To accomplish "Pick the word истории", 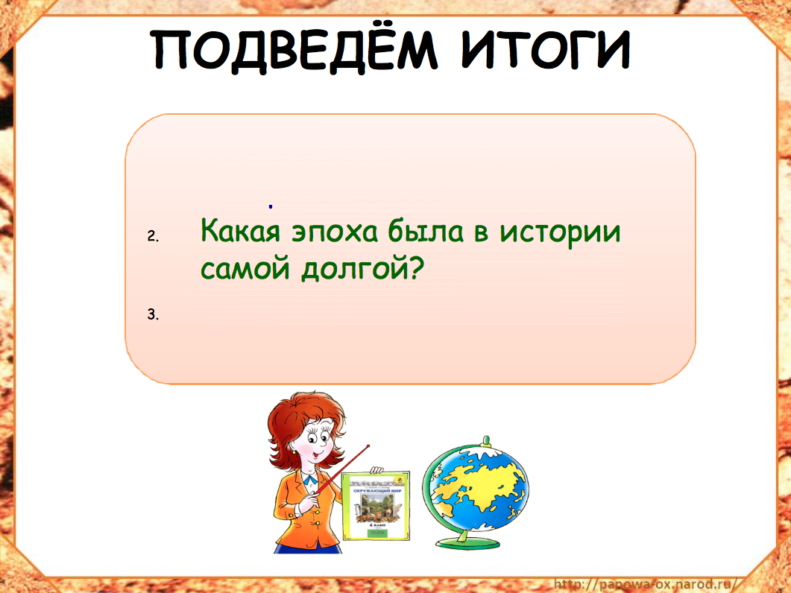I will (x=560, y=231).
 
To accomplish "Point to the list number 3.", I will (x=153, y=314).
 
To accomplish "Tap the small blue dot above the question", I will (x=271, y=205).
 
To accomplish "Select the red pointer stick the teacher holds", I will (x=343, y=466).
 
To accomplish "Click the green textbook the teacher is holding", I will (x=376, y=507).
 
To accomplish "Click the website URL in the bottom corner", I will (x=645, y=583).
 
